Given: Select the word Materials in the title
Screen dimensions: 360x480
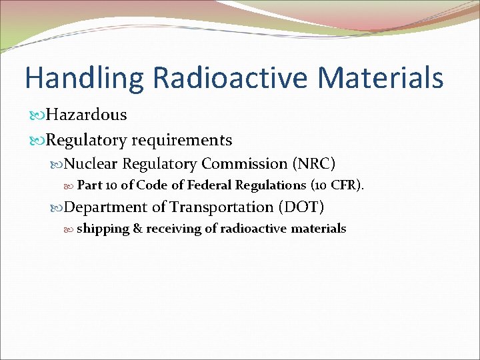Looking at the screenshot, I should [380, 77].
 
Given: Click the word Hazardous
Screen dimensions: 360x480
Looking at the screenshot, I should [86, 115].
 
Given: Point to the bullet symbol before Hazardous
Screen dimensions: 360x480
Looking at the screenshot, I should [37, 115].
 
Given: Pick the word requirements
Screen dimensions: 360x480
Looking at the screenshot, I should [182, 141].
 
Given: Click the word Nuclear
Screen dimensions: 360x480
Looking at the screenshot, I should [91, 164].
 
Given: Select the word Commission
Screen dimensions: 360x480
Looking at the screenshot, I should [244, 164].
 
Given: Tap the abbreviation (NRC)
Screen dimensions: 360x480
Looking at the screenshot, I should [314, 164].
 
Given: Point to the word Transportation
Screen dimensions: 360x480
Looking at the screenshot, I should [221, 207].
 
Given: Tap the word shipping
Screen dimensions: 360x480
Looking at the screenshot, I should [103, 229].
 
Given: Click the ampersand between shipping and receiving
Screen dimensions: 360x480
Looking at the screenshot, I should [137, 229].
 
